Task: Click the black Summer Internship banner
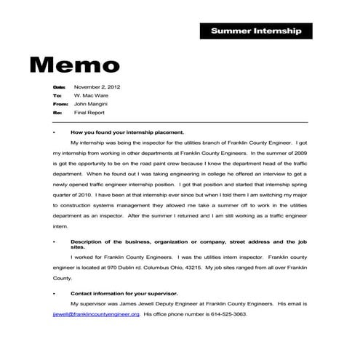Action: coord(255,31)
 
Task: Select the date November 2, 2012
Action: coord(97,87)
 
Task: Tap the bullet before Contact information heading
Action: coord(55,293)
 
